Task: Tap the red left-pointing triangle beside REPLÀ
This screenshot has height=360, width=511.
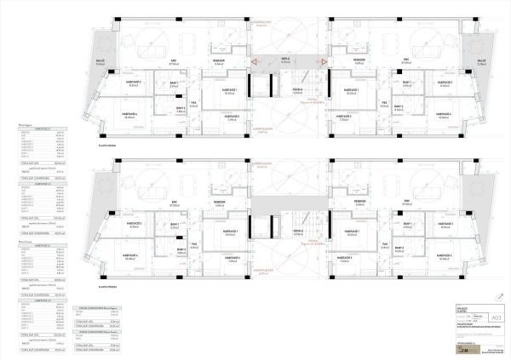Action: [255, 61]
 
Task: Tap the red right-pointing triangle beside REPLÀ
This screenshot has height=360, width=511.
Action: [324, 61]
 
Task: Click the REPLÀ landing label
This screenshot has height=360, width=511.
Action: [286, 60]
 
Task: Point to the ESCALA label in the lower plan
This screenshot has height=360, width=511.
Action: [298, 231]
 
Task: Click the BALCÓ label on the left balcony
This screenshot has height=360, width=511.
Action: [100, 61]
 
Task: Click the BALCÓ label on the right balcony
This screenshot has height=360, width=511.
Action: [481, 61]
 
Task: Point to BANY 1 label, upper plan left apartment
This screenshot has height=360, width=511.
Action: [173, 83]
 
